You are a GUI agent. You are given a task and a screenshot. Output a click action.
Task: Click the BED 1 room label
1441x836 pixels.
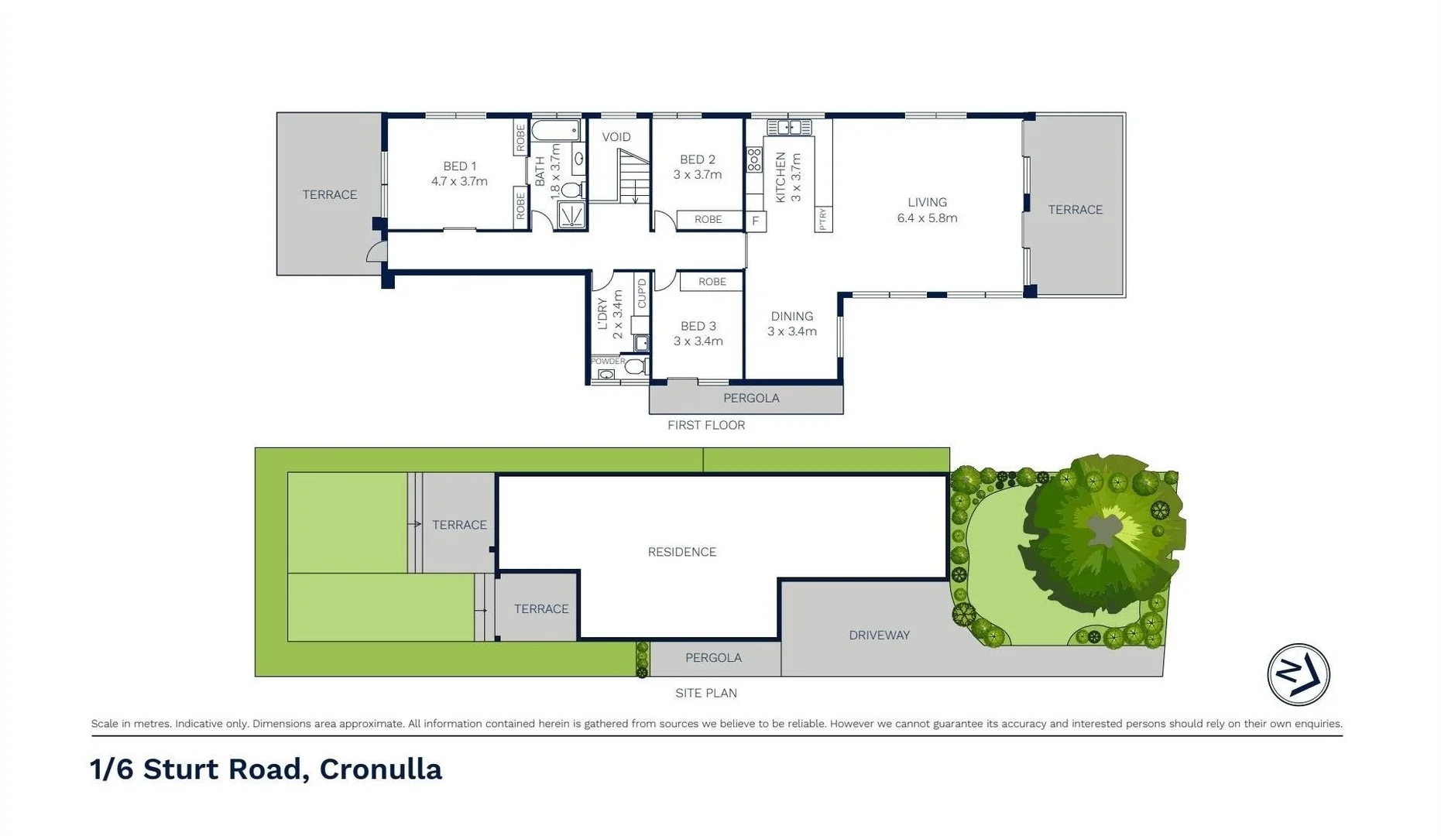pyautogui.click(x=459, y=166)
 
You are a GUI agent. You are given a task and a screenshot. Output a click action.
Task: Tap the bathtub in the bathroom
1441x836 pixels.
pyautogui.click(x=555, y=130)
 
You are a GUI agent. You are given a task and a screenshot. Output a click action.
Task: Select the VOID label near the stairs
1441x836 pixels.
pyautogui.click(x=616, y=137)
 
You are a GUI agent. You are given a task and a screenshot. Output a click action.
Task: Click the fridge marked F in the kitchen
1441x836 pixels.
pyautogui.click(x=755, y=221)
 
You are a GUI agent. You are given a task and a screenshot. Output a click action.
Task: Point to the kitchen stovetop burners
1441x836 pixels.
pyautogui.click(x=754, y=160)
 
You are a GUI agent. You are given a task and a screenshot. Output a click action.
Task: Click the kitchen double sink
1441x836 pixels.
pyautogui.click(x=789, y=127)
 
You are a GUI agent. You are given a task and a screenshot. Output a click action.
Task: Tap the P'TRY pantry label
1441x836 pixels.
pyautogui.click(x=823, y=219)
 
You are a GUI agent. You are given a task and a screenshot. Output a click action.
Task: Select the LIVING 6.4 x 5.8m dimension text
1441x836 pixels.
pyautogui.click(x=927, y=218)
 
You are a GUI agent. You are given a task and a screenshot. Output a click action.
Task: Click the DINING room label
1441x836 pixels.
pyautogui.click(x=791, y=316)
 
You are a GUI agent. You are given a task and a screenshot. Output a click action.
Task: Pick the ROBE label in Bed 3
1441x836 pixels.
pyautogui.click(x=712, y=282)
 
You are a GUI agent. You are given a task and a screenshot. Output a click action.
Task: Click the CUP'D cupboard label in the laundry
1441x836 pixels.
pyautogui.click(x=641, y=293)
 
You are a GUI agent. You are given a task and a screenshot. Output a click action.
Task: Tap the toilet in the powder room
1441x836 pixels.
pyautogui.click(x=636, y=366)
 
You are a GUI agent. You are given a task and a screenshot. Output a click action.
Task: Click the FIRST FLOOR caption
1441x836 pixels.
pyautogui.click(x=705, y=425)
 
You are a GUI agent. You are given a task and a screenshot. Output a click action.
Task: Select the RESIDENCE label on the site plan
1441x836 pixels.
pyautogui.click(x=681, y=552)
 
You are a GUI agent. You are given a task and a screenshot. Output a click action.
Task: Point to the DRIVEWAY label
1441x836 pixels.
pyautogui.click(x=879, y=635)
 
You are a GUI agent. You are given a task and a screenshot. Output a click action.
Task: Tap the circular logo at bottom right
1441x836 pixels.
pyautogui.click(x=1298, y=674)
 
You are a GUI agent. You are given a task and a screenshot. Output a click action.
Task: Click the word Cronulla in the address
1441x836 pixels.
pyautogui.click(x=380, y=769)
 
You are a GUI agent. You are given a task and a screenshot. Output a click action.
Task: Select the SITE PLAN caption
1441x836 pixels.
pyautogui.click(x=705, y=693)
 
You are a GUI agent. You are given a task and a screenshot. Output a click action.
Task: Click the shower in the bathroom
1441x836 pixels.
pyautogui.click(x=571, y=214)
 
